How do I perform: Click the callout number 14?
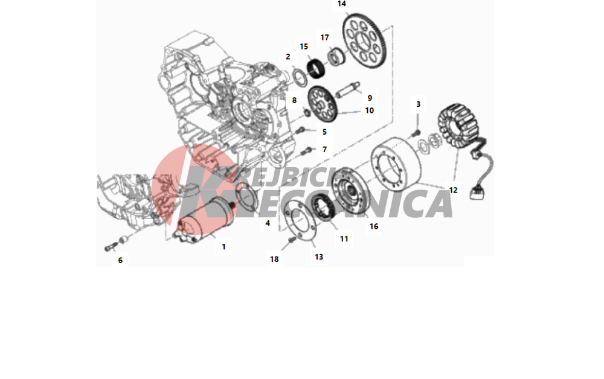pos(342,4)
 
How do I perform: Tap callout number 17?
pos(325,37)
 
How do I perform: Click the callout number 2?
pos(288,57)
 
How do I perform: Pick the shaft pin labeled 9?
pos(347,91)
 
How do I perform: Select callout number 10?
pos(370,110)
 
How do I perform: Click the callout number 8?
pos(294,100)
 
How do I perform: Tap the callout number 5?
pos(324,132)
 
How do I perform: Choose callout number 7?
pos(325,149)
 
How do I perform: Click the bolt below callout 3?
pos(416,133)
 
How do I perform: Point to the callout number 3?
pos(419,104)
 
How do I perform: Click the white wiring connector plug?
pos(477,193)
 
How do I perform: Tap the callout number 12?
pos(454,190)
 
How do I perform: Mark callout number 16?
pos(374,226)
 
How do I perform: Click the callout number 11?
pos(344,239)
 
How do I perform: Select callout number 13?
pos(319,257)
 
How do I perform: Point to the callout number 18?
pos(274,260)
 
